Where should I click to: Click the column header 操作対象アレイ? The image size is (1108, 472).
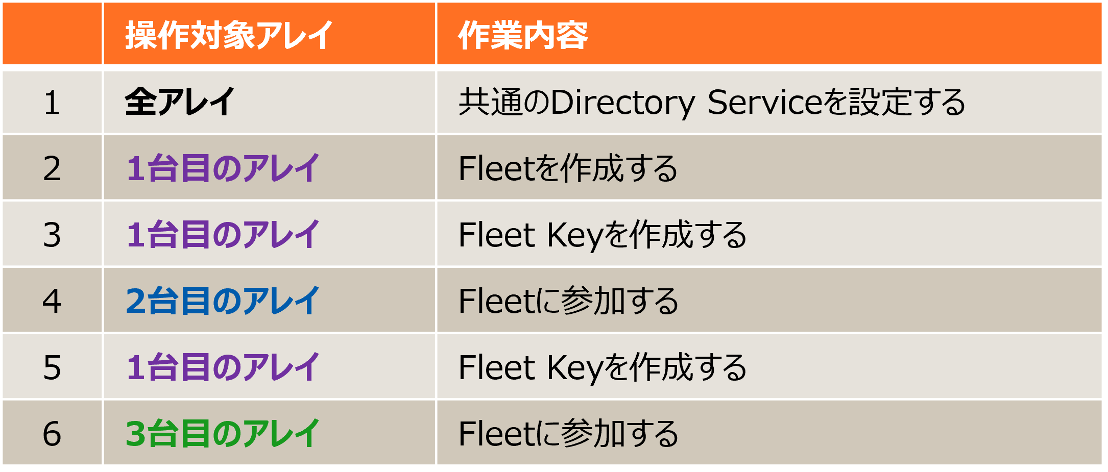(229, 35)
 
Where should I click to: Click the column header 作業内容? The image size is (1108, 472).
(523, 35)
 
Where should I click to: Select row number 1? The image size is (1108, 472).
(52, 102)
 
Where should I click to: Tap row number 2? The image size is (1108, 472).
(52, 168)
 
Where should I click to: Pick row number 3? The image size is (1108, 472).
(52, 235)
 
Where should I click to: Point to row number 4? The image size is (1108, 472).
(52, 301)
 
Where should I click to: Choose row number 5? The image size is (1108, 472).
(52, 367)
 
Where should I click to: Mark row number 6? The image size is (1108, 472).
(52, 434)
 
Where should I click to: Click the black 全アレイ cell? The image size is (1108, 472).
(180, 102)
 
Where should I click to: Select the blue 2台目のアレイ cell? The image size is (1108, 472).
(223, 301)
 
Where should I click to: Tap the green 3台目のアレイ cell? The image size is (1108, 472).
(223, 434)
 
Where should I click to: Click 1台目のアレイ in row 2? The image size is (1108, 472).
(223, 168)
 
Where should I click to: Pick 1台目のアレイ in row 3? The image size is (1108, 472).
(223, 235)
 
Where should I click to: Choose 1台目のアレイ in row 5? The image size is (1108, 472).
(223, 367)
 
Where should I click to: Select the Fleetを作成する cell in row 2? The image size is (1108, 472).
(568, 168)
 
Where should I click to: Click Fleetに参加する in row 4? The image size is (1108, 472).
(568, 301)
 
